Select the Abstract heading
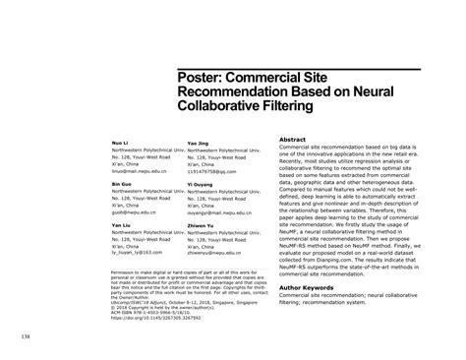click(x=297, y=140)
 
